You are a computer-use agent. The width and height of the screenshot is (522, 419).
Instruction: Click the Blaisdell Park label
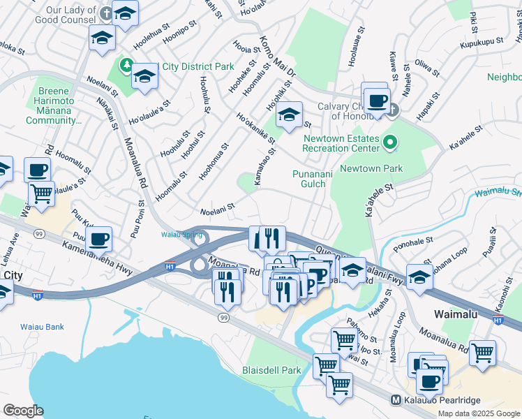(x=271, y=369)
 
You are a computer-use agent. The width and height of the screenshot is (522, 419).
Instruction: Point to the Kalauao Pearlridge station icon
(x=396, y=400)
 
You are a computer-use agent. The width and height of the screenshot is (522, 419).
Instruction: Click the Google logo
(x=23, y=411)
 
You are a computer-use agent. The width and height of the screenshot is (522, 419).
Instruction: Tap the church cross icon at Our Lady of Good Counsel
(x=105, y=13)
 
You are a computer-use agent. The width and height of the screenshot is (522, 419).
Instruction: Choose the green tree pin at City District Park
(x=126, y=66)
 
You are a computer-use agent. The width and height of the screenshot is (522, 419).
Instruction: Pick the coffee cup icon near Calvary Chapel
(x=377, y=100)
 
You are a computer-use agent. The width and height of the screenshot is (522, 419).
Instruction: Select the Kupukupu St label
(x=482, y=43)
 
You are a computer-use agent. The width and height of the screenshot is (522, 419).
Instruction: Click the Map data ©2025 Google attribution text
(x=478, y=413)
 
